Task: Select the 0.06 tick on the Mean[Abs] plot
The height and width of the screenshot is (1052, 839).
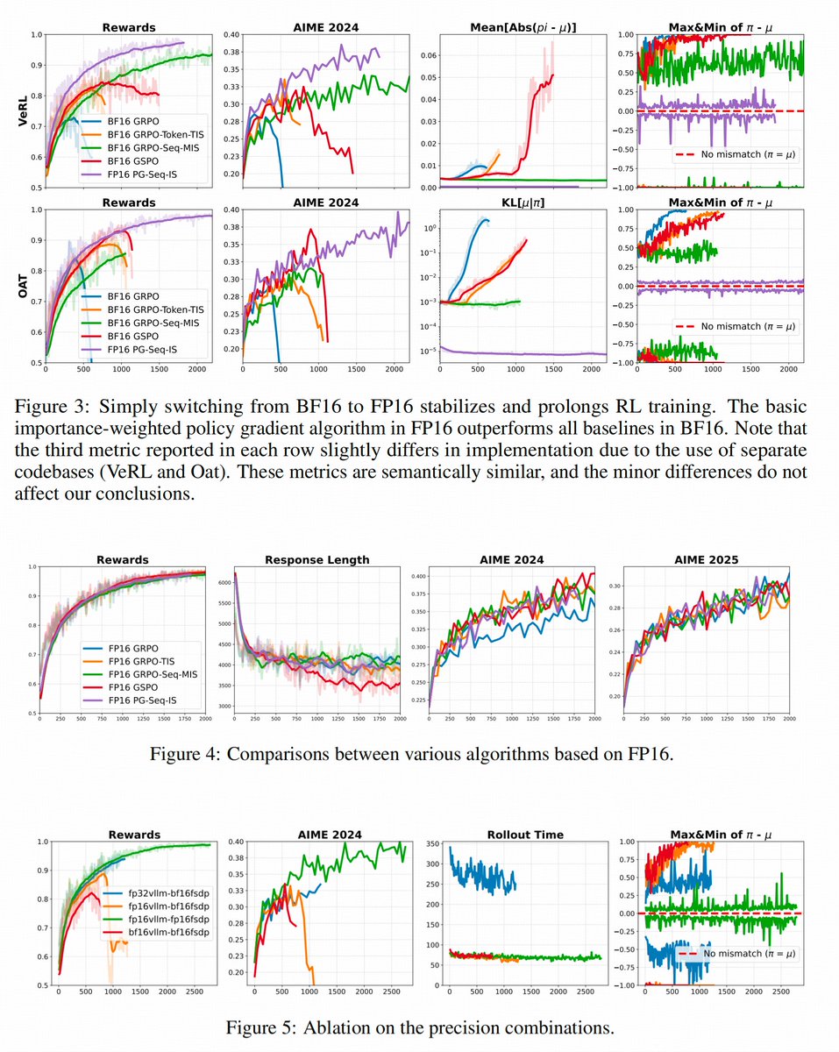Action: pos(427,54)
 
